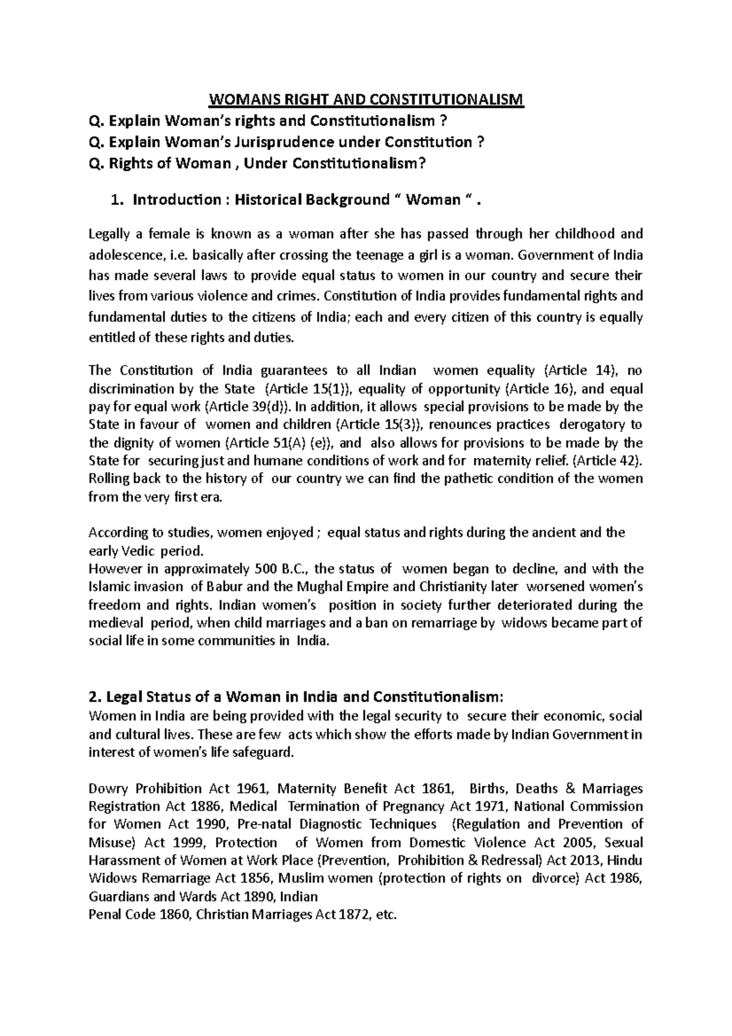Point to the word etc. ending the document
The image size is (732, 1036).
point(387,915)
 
